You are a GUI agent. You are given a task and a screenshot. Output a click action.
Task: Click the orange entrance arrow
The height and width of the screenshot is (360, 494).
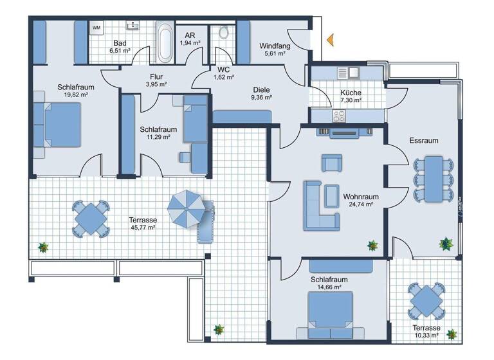(330, 40)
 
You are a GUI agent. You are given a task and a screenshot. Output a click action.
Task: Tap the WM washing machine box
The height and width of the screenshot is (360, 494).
(96, 28)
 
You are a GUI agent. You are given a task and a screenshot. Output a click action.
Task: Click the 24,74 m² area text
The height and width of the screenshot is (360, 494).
(360, 204)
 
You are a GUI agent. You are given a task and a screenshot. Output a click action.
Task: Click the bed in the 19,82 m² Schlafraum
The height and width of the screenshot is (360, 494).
(59, 125)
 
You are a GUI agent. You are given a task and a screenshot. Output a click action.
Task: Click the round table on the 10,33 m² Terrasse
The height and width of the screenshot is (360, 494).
(426, 300)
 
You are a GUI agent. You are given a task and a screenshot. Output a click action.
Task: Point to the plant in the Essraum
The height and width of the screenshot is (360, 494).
(445, 243)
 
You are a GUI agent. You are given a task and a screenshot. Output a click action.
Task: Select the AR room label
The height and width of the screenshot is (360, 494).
(190, 35)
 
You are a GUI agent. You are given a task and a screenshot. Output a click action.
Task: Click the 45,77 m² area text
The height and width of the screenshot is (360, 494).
(142, 227)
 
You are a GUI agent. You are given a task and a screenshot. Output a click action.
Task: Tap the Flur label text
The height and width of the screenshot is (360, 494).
(156, 76)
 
